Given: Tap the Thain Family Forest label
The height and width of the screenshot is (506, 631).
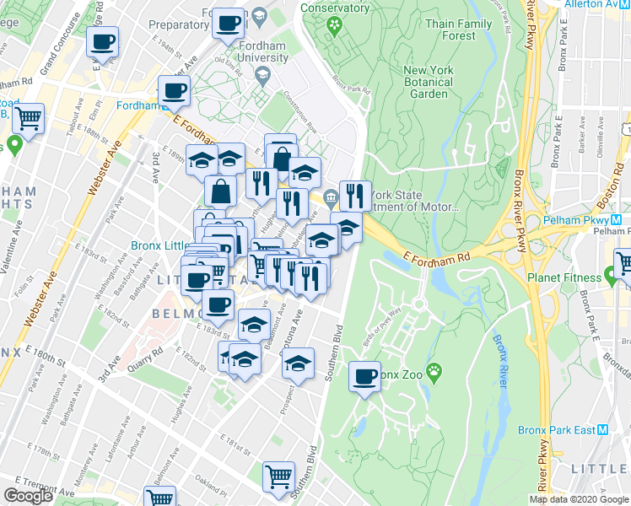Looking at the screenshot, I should click(458, 30).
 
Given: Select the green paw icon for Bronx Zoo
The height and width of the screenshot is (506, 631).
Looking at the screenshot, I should click(434, 370).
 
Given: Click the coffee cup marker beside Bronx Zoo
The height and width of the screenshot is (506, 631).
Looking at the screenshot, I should click(364, 376).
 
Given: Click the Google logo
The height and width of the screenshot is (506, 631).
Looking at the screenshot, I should click(28, 496).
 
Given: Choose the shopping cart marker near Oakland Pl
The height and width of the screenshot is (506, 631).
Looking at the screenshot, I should click(278, 476).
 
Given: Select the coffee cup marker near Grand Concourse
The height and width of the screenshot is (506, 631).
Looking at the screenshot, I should click(102, 41).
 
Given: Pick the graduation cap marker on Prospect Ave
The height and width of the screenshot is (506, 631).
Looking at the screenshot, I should click(297, 363).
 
